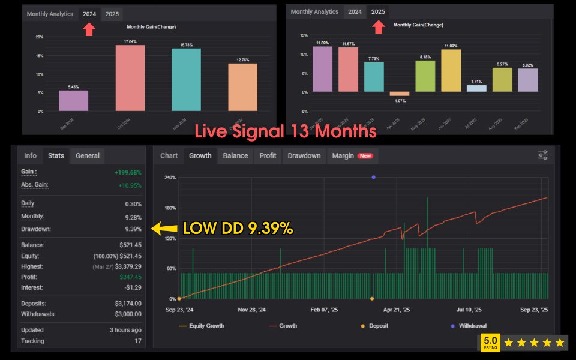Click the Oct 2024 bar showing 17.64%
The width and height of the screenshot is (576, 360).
coord(130,78)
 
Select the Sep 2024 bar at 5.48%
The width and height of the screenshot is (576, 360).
coord(74,101)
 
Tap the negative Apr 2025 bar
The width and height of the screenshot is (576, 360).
coord(399,94)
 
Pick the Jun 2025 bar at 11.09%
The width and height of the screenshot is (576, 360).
coord(451,71)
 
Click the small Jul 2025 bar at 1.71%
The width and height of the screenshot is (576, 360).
coord(476,88)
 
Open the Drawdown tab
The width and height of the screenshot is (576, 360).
coord(304,156)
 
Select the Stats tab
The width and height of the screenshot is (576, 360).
coord(56,156)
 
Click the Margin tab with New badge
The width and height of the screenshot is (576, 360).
coord(353,156)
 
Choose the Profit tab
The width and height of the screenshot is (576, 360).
coord(268,156)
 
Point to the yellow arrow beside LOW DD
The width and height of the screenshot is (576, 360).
coord(164,228)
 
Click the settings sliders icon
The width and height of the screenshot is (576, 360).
coord(542,155)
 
